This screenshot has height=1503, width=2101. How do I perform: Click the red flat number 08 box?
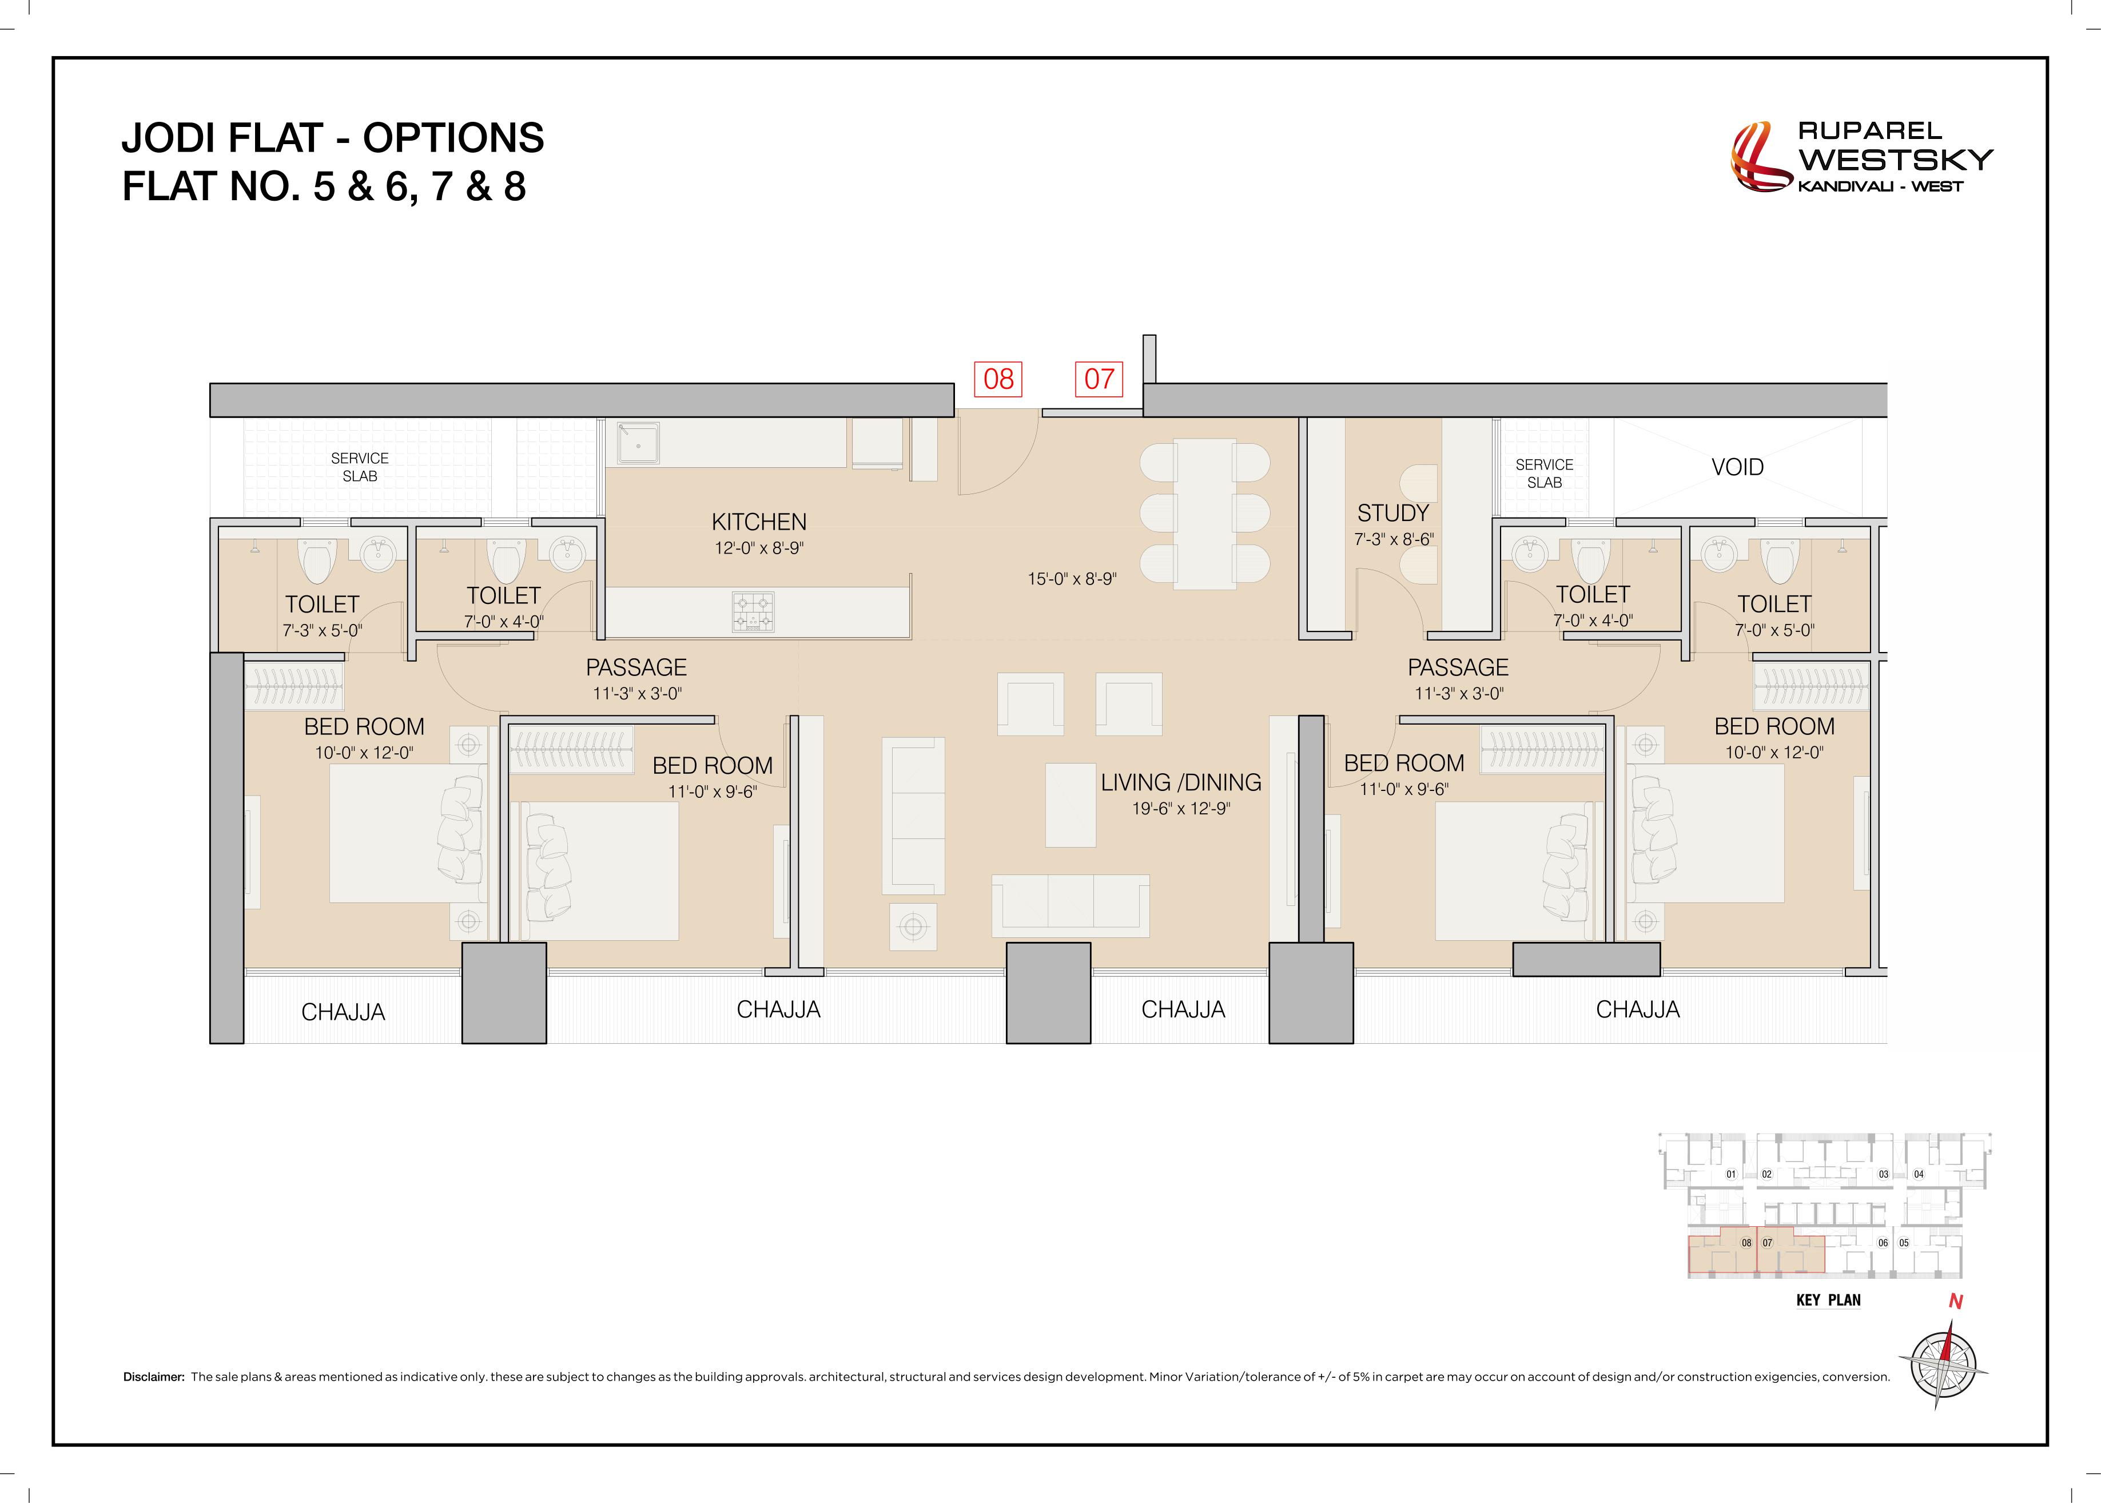click(x=998, y=379)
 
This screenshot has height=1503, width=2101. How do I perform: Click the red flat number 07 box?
click(x=1099, y=379)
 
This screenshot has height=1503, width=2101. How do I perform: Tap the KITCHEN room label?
click(x=759, y=522)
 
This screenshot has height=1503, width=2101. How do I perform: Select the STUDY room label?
click(x=1392, y=512)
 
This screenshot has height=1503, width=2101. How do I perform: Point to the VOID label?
click(x=1737, y=467)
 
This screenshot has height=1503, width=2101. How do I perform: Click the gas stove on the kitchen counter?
click(x=753, y=612)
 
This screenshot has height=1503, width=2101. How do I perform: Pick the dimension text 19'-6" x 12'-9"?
click(x=1180, y=808)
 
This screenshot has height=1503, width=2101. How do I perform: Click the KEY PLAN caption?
click(x=1828, y=1301)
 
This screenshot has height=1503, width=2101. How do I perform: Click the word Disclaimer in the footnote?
click(x=154, y=1377)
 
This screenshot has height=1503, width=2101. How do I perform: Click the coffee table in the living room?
click(x=1071, y=804)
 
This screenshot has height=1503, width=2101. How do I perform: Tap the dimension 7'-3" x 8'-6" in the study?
click(x=1393, y=539)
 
